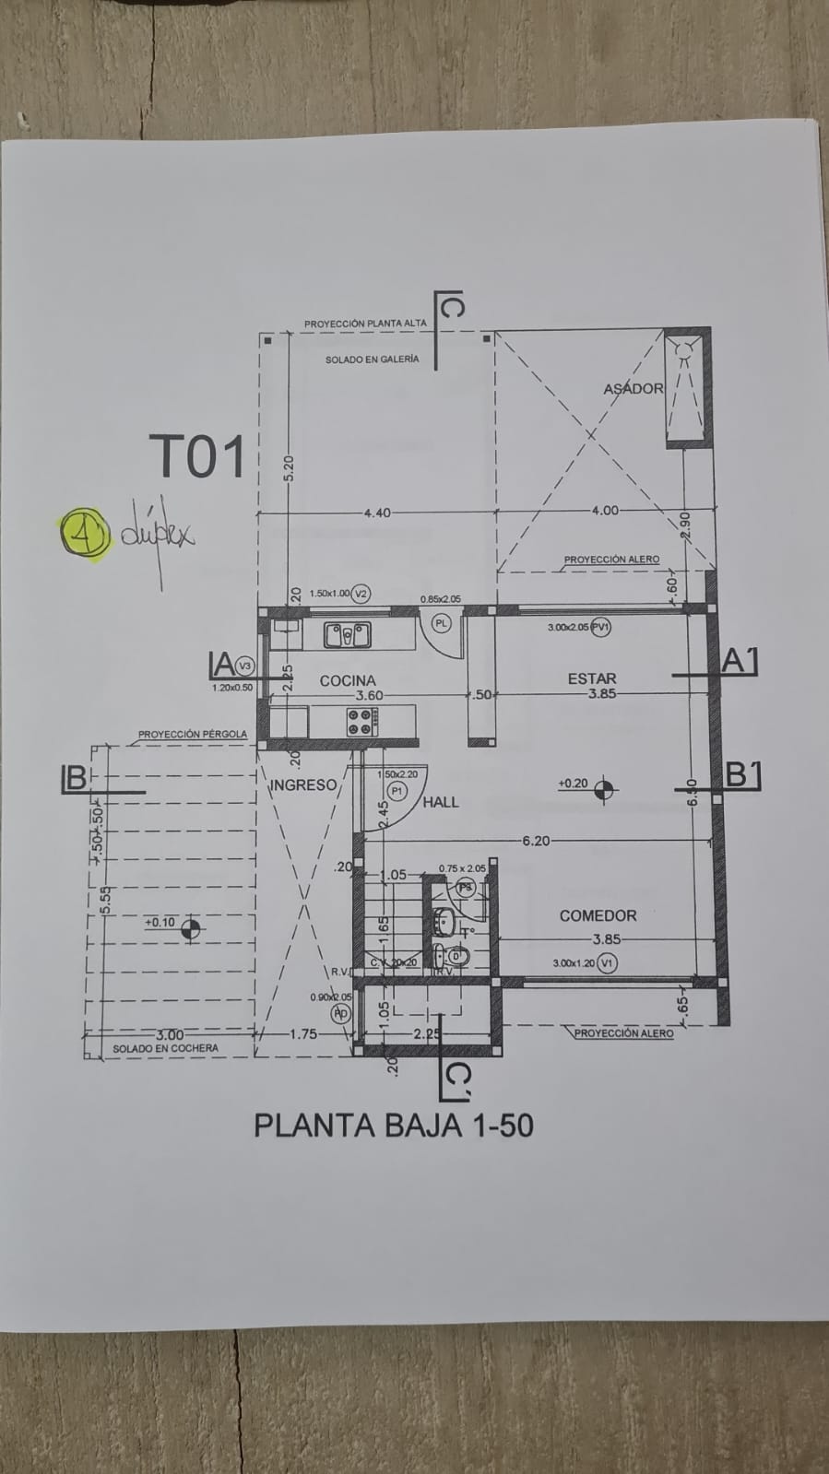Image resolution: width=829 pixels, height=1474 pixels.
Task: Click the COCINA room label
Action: click(348, 680)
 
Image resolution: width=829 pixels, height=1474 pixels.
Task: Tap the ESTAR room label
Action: click(592, 678)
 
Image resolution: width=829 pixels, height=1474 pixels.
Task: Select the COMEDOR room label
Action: click(598, 915)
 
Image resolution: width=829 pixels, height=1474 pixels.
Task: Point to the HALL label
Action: click(441, 802)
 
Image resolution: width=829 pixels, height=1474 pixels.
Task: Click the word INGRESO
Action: click(303, 785)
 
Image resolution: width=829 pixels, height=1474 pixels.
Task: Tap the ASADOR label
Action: click(633, 388)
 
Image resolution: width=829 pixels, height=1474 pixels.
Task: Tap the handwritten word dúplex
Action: click(157, 534)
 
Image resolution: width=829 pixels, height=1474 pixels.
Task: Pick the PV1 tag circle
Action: click(603, 627)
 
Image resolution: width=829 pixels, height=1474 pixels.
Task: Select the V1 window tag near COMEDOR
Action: click(606, 962)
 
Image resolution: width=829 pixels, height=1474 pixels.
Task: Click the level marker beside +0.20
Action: click(605, 788)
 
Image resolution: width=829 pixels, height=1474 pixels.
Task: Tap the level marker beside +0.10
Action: click(191, 928)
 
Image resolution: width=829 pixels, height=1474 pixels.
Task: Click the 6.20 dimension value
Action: click(535, 840)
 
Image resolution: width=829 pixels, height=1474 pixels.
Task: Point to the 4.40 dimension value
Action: click(376, 513)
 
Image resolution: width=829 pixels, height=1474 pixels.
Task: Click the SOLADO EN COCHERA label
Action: click(165, 1048)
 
